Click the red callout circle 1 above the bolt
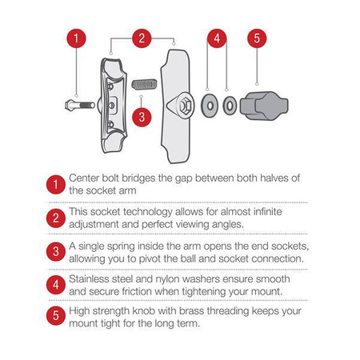coord(76,38)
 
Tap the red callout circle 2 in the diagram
coord(142,38)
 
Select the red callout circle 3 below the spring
coord(142,117)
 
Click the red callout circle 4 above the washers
coord(217,38)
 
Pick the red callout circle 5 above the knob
coord(257,38)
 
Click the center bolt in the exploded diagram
coord(80,106)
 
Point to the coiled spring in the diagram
coord(144,84)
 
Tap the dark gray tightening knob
coord(264,106)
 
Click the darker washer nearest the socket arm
coord(210,106)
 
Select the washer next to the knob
coord(230,106)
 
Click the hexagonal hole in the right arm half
coord(185,106)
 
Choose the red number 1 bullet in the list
coord(55,184)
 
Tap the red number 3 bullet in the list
coord(55,251)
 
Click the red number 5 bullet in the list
coord(55,316)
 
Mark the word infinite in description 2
coord(267,212)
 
